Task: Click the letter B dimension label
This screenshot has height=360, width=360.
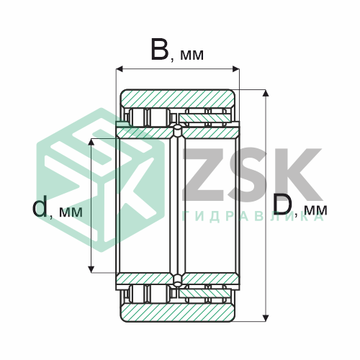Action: tap(160, 49)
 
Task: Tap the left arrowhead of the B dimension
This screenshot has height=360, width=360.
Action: tap(120, 69)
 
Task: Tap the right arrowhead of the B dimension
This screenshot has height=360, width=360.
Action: tap(236, 69)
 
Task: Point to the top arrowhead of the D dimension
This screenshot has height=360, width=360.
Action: tap(265, 93)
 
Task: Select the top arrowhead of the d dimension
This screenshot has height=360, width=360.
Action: tap(91, 142)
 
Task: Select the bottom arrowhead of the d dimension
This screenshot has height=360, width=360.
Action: tap(91, 269)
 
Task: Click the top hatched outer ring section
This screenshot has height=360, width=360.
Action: tap(177, 99)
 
